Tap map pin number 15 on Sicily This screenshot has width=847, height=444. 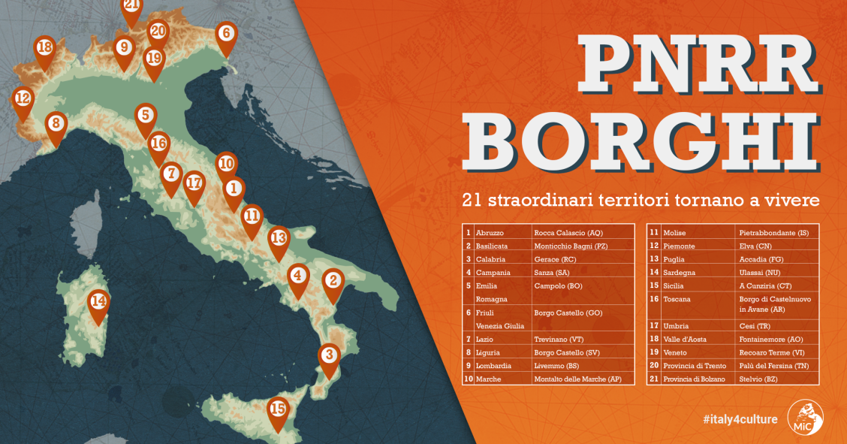278,410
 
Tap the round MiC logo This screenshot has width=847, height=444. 805,415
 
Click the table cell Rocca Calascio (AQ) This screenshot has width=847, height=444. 568,233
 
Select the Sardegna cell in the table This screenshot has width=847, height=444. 680,273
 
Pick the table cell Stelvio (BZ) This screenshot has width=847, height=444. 758,379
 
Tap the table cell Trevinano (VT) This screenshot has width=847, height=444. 559,339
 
